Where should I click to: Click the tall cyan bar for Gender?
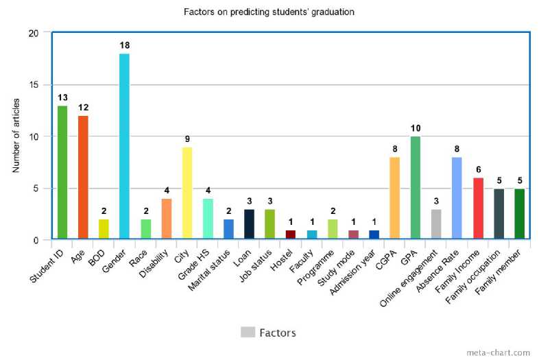(124, 147)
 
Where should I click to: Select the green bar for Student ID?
(62, 173)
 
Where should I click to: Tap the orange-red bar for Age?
(83, 178)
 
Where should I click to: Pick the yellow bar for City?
(187, 193)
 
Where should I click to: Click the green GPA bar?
(415, 188)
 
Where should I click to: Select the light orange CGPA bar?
(394, 198)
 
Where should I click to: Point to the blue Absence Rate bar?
(456, 198)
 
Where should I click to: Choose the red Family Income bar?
(477, 208)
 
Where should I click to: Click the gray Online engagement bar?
(435, 224)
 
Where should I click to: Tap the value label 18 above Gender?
(124, 45)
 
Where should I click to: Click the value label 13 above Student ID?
(62, 97)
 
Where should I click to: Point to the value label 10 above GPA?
(415, 128)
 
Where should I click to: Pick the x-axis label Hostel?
(283, 255)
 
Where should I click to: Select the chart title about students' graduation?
(269, 12)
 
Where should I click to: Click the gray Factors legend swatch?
(248, 333)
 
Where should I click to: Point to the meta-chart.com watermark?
(498, 352)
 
